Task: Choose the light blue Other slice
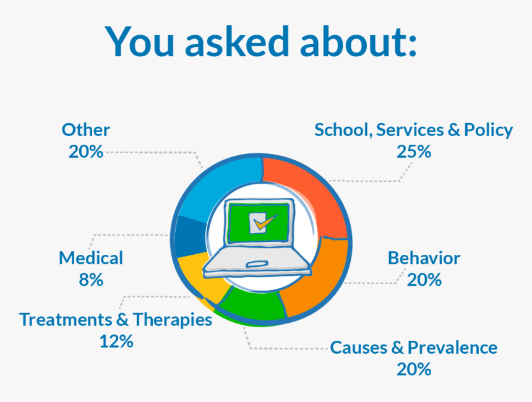click(x=221, y=190)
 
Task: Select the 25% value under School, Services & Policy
click(x=414, y=152)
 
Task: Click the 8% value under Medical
click(x=91, y=280)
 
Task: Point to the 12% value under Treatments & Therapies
click(x=116, y=341)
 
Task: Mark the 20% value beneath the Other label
click(x=86, y=152)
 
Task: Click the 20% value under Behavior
click(x=424, y=280)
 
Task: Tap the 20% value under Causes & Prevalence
click(x=414, y=369)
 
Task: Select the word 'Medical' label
click(x=91, y=258)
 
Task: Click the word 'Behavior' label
click(x=424, y=258)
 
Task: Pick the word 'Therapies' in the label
click(x=173, y=320)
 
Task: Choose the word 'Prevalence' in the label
click(x=453, y=348)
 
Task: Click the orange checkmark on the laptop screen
click(x=265, y=222)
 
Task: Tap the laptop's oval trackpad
click(x=257, y=263)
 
